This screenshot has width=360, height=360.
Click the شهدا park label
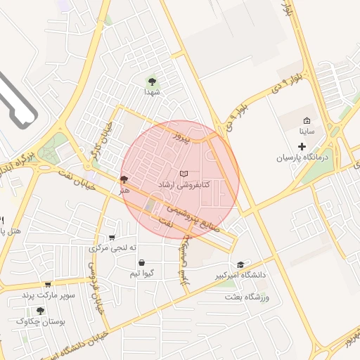click(x=153, y=92)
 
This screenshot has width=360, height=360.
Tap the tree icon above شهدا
click(x=153, y=81)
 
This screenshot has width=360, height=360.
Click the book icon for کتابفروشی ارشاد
click(x=184, y=173)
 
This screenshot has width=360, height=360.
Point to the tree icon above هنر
click(x=124, y=179)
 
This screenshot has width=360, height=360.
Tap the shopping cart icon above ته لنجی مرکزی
click(x=112, y=238)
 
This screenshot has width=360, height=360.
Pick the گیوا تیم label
click(x=143, y=274)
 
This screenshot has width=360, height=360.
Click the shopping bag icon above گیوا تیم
click(x=143, y=262)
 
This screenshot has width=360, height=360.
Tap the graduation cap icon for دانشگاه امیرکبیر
click(x=241, y=264)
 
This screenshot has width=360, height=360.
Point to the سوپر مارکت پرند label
click(x=48, y=295)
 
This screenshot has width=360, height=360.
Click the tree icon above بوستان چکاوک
click(x=40, y=310)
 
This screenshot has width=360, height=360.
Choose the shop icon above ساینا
click(x=307, y=120)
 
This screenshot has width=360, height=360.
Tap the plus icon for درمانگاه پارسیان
click(x=302, y=146)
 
